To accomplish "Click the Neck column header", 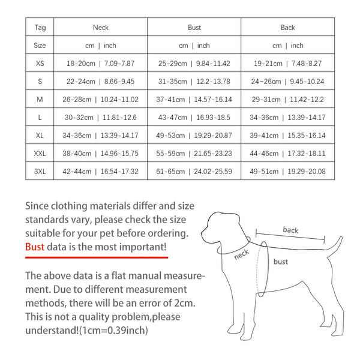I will pyautogui.click(x=101, y=28).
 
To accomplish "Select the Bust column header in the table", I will pyautogui.click(x=194, y=28).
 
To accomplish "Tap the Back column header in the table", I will pyautogui.click(x=287, y=28).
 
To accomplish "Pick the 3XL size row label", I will pyautogui.click(x=40, y=172).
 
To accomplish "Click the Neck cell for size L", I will pyautogui.click(x=101, y=118).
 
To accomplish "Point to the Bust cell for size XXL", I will pyautogui.click(x=194, y=154).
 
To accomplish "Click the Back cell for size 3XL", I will pyautogui.click(x=287, y=172).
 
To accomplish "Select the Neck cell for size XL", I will pyautogui.click(x=101, y=136).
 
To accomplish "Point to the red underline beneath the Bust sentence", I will pyautogui.click(x=96, y=257).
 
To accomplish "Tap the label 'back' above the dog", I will pyautogui.click(x=290, y=230).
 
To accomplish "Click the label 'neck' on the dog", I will pyautogui.click(x=241, y=254).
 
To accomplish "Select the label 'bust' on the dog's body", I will pyautogui.click(x=280, y=262).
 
